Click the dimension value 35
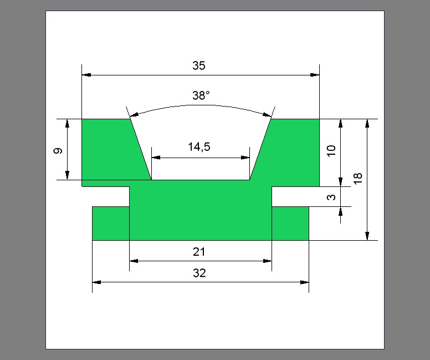[x=199, y=65]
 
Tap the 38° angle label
[x=201, y=95]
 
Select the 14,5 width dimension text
[x=199, y=147]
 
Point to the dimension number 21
[x=199, y=252]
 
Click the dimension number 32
[x=199, y=273]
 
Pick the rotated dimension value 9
[x=58, y=151]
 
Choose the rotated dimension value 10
[x=331, y=150]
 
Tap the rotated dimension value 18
[x=358, y=179]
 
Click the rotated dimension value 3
[x=331, y=197]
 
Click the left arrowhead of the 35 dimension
[x=86, y=75]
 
